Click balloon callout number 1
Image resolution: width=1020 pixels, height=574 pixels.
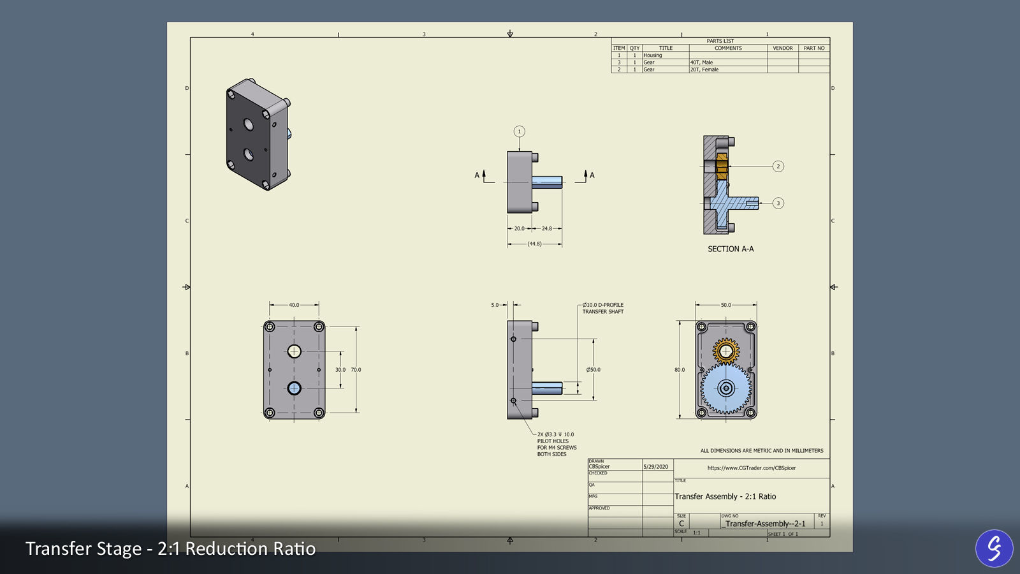[519, 131]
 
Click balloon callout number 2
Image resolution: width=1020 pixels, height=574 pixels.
[778, 166]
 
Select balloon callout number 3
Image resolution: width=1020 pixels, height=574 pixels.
[778, 203]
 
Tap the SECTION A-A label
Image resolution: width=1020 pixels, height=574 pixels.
[731, 249]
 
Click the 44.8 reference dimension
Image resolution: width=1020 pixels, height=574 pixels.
[534, 244]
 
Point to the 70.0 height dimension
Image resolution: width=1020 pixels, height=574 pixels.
[356, 370]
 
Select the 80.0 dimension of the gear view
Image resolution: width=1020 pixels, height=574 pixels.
[680, 370]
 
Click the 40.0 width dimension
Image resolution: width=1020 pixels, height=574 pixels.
[294, 305]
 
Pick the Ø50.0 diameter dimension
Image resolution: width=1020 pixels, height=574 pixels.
[593, 370]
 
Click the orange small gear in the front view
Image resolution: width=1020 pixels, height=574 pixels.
[725, 351]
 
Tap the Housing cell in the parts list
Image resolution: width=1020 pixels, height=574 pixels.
[653, 55]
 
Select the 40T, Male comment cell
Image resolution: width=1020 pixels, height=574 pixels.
[701, 63]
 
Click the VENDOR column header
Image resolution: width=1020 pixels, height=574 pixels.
[782, 48]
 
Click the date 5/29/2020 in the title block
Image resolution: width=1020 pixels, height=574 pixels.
[656, 467]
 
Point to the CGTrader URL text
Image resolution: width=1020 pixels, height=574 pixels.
[751, 468]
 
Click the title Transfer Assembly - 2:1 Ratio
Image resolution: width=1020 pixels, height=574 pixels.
[725, 496]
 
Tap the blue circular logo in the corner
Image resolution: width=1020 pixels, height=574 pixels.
[994, 548]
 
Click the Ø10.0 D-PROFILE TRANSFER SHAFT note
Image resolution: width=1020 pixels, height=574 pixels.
[602, 308]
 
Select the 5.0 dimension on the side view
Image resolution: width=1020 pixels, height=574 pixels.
[495, 305]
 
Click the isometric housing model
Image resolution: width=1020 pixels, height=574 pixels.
[257, 134]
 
